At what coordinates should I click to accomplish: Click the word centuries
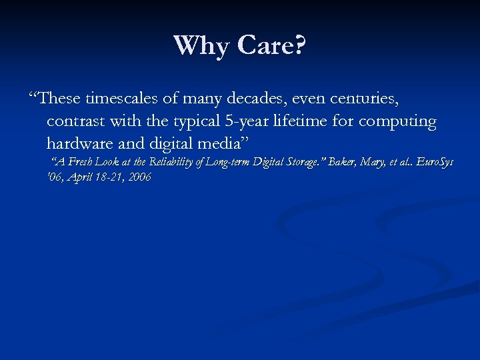coord(363,99)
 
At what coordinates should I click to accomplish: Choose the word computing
coord(397,123)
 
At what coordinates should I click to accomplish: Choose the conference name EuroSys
coord(433,162)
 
